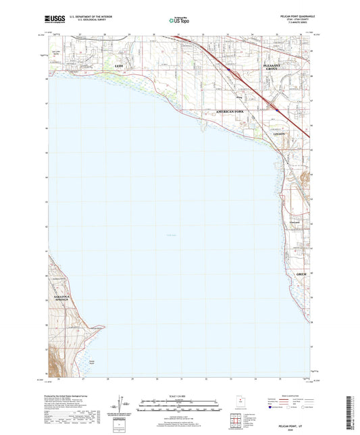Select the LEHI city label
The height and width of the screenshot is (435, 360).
(120, 66)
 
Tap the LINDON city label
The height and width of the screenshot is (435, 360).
(280, 134)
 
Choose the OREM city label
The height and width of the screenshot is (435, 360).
(301, 274)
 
